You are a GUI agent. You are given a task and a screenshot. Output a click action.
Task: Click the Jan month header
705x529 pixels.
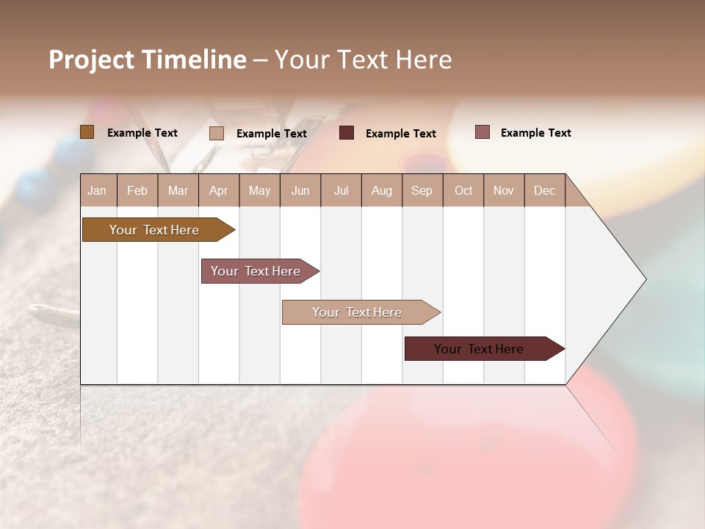(x=97, y=191)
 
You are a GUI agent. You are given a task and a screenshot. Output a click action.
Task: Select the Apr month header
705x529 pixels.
(x=218, y=191)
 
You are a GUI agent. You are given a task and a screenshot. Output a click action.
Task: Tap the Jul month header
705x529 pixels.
(x=341, y=191)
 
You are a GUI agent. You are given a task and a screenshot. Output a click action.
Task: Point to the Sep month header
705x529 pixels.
(x=422, y=191)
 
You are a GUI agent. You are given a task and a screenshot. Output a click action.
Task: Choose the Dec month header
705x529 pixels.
(x=544, y=191)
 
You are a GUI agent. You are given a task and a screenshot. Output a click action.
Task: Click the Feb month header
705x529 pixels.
(x=137, y=191)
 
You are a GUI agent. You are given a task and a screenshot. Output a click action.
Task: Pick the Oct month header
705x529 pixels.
(x=463, y=191)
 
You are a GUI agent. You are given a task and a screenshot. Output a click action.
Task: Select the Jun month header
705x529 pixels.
(x=300, y=191)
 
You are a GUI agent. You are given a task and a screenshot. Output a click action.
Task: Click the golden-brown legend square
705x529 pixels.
(x=87, y=132)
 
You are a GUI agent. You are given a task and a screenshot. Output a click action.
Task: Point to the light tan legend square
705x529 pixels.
(x=217, y=133)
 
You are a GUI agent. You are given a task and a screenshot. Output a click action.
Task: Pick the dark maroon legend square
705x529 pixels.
(x=347, y=133)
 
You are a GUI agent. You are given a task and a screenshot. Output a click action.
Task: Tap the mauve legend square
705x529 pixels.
(x=482, y=132)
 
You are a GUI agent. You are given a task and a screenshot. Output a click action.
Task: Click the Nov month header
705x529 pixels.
(x=503, y=191)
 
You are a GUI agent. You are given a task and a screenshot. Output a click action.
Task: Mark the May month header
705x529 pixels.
(x=259, y=191)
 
